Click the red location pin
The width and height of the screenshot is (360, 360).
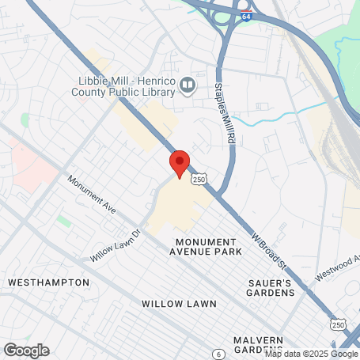pyautogui.click(x=179, y=163)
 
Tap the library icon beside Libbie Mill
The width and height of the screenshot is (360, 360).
pyautogui.click(x=188, y=84)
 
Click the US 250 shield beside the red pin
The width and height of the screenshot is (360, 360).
pyautogui.click(x=199, y=180)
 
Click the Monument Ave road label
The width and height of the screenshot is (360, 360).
pyautogui.click(x=92, y=195)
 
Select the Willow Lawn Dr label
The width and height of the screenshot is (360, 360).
pyautogui.click(x=116, y=245)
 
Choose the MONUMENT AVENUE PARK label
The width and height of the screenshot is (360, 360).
pyautogui.click(x=205, y=246)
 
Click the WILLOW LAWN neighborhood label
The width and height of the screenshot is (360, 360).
pyautogui.click(x=173, y=303)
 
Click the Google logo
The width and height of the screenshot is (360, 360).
pyautogui.click(x=26, y=350)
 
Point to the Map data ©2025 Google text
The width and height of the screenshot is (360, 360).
pyautogui.click(x=311, y=354)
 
